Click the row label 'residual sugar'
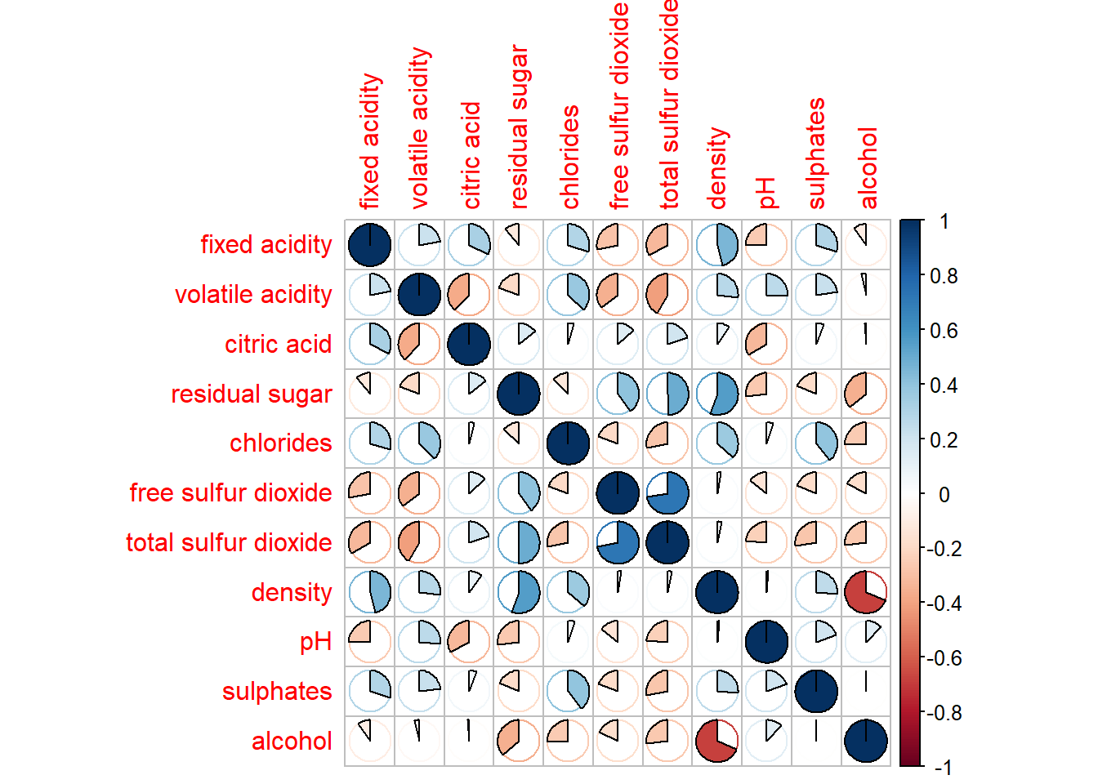click(251, 394)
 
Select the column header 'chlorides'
click(569, 157)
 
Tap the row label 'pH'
click(315, 642)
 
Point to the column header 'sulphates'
click(816, 154)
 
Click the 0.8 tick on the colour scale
click(944, 276)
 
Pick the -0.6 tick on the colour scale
click(944, 658)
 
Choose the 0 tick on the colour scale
click(944, 494)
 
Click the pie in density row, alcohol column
click(865, 592)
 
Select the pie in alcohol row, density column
click(717, 741)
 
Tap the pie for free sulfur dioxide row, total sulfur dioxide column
click(667, 492)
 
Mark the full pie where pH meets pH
click(766, 642)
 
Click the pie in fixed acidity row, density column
click(717, 244)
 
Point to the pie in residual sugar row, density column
click(717, 394)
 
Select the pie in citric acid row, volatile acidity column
click(419, 344)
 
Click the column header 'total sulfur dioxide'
click(668, 104)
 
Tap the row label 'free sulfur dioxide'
click(230, 492)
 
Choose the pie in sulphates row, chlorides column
click(568, 691)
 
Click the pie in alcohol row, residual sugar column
click(518, 741)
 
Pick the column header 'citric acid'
click(471, 155)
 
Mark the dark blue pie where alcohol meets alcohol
click(865, 741)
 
